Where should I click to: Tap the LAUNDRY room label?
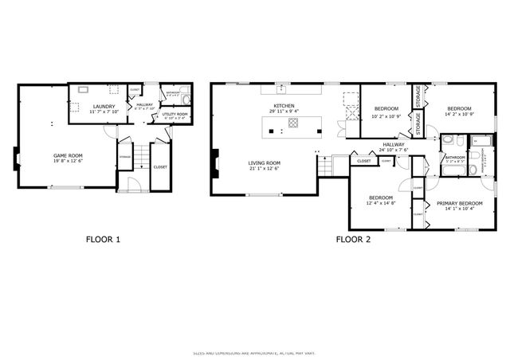[x=104, y=107]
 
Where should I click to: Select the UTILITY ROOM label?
[x=175, y=115]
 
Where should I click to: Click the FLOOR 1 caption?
[x=103, y=238]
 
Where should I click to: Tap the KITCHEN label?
[x=284, y=106]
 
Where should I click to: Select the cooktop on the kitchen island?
[x=293, y=123]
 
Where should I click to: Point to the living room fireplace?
[x=215, y=165]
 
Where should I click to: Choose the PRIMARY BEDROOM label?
[x=460, y=204]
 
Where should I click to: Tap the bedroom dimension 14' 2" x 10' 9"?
[x=459, y=115]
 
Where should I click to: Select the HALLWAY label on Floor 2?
[x=393, y=144]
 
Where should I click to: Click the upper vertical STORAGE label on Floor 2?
[x=418, y=96]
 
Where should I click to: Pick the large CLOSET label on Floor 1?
[x=160, y=167]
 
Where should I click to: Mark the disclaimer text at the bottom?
[x=254, y=353]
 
